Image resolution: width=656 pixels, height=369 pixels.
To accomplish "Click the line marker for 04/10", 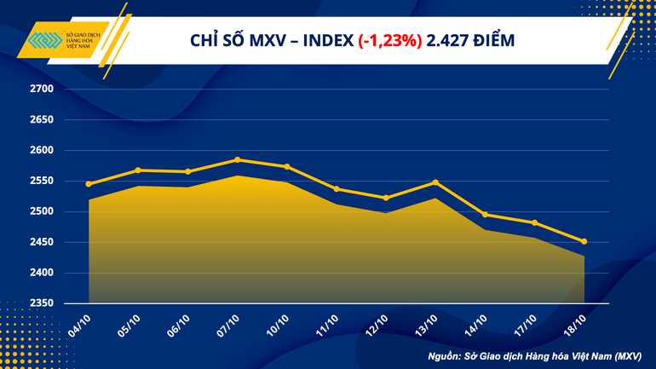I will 89,184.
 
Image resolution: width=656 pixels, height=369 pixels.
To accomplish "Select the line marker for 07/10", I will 238,159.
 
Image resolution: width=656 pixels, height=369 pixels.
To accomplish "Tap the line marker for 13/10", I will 435,182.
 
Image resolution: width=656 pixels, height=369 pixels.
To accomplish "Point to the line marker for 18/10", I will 584,241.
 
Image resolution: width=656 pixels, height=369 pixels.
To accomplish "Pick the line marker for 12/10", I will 386,198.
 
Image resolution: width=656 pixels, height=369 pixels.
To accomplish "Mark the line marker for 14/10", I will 485,215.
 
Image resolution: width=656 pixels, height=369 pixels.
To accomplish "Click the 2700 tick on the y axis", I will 42,89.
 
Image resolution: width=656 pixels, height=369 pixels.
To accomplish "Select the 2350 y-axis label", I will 42,303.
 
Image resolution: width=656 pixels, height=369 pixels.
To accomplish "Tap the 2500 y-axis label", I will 42,211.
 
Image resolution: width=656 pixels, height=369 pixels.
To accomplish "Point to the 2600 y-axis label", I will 42,150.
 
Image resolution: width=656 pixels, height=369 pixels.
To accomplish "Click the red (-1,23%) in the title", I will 388,40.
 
